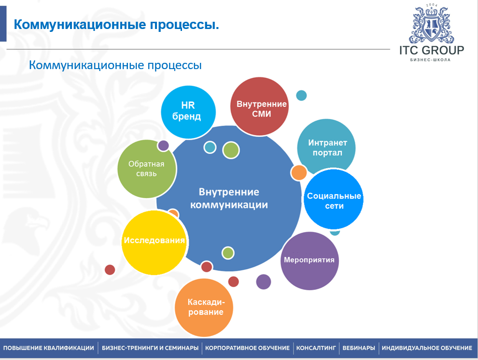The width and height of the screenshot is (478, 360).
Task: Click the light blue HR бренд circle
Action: click(188, 112)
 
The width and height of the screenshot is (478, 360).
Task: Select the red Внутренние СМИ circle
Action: click(259, 106)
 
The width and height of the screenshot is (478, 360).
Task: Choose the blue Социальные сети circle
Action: click(334, 199)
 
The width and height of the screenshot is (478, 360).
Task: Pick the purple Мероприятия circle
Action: click(309, 261)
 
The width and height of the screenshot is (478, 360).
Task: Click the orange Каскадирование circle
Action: click(204, 307)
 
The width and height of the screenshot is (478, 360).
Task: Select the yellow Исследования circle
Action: click(154, 243)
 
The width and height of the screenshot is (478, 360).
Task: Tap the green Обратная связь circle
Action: click(147, 169)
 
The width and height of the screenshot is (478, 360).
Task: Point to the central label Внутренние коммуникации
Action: click(229, 198)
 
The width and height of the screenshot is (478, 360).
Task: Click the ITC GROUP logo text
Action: click(432, 50)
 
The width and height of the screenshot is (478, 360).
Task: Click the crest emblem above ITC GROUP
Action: click(431, 24)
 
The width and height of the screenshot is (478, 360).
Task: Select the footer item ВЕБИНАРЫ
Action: click(358, 348)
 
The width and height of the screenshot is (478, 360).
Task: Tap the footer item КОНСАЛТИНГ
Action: click(316, 348)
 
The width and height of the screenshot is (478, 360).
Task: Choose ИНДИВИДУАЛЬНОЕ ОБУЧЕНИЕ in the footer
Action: click(427, 348)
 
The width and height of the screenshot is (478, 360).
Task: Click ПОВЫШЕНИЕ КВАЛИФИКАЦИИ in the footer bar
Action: click(48, 348)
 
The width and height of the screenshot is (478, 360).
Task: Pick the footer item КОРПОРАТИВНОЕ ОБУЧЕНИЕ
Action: click(247, 348)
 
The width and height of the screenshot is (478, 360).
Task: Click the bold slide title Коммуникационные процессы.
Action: click(116, 25)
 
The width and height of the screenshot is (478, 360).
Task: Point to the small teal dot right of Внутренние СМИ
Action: click(301, 96)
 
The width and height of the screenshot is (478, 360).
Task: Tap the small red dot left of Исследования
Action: click(110, 270)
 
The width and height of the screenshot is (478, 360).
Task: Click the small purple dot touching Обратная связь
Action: click(163, 145)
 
